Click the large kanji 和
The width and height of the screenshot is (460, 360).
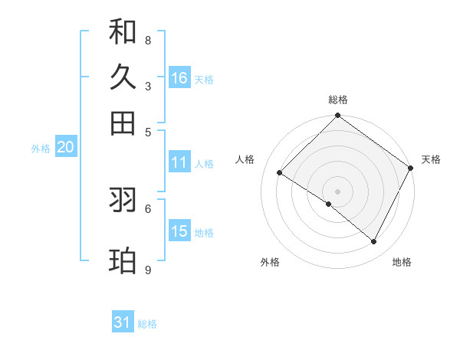(123, 31)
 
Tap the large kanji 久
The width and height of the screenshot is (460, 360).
(123, 77)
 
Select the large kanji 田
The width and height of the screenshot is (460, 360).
(123, 123)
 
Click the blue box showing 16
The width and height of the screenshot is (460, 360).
(179, 78)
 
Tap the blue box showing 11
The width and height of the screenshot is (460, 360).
(179, 162)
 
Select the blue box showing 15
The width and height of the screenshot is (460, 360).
(179, 231)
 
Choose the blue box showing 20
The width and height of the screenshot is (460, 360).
(65, 148)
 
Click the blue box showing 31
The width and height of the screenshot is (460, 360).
(123, 322)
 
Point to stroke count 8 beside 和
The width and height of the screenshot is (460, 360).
(148, 40)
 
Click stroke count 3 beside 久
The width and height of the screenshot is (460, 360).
(148, 86)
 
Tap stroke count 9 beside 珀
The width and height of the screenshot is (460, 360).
(148, 270)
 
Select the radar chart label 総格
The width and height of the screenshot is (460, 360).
(338, 100)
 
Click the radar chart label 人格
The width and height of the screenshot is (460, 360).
(245, 159)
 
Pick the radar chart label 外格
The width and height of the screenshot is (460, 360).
(270, 262)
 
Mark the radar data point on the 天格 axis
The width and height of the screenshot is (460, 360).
(411, 168)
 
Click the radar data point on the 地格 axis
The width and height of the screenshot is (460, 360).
(374, 242)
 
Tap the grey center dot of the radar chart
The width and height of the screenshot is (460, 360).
(338, 191)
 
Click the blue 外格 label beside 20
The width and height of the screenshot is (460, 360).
(41, 149)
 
